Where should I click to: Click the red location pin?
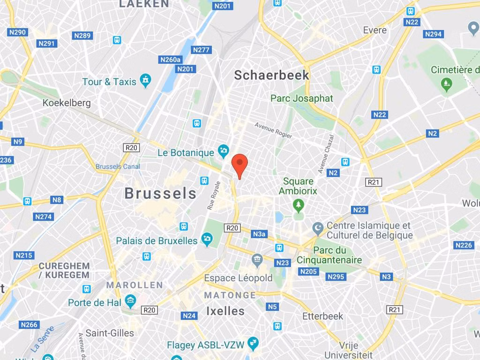(x=240, y=165)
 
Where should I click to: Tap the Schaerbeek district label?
(x=271, y=75)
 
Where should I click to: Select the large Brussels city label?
(x=160, y=193)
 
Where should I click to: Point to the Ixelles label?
(x=225, y=311)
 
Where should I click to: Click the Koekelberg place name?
(x=67, y=103)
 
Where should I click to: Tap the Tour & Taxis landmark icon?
(x=146, y=81)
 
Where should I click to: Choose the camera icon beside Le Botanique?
(x=223, y=151)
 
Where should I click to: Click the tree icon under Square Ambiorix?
(x=298, y=205)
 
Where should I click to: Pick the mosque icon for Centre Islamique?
(x=318, y=228)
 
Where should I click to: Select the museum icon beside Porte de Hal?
(x=130, y=300)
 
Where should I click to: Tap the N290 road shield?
(x=17, y=32)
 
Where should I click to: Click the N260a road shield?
(x=170, y=60)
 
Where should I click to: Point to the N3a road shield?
(x=259, y=234)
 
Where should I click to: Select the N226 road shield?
(x=463, y=245)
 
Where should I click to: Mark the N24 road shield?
(x=189, y=315)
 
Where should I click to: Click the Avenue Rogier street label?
(x=273, y=130)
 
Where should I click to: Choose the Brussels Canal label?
(x=118, y=166)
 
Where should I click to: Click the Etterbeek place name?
(x=322, y=316)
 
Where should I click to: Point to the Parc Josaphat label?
(x=301, y=98)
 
